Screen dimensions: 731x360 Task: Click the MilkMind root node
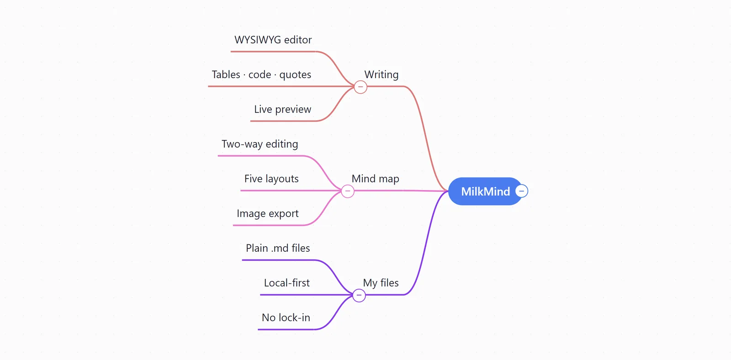[485, 191]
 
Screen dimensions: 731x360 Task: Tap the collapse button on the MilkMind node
[521, 191]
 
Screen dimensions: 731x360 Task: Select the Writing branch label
[381, 74]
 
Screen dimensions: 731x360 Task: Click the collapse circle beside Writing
[360, 87]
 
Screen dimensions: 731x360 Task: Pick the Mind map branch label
[375, 179]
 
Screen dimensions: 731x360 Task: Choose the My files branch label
[381, 283]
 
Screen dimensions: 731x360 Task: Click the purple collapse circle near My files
[359, 296]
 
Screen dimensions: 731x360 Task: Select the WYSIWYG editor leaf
[273, 40]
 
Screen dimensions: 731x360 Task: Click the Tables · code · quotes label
[261, 74]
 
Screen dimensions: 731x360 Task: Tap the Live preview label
[283, 109]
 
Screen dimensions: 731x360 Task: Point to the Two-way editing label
[260, 144]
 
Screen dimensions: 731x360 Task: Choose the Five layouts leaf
[271, 179]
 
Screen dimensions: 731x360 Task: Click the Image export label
[268, 213]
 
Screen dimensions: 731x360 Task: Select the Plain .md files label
[278, 248]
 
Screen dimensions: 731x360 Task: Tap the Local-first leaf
[287, 283]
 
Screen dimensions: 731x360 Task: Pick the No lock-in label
[286, 318]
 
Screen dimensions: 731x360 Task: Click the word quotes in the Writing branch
[295, 75]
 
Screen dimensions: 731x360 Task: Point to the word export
[284, 214]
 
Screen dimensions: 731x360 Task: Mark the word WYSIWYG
[258, 40]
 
